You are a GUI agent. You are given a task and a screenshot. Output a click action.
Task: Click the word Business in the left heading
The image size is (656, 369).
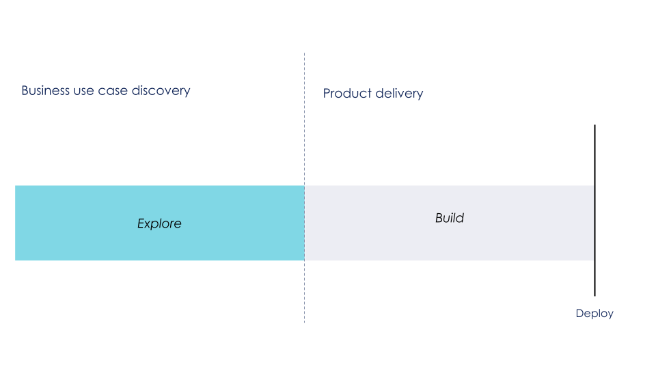click(45, 90)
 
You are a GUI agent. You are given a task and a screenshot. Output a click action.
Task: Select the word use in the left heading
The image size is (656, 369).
click(85, 90)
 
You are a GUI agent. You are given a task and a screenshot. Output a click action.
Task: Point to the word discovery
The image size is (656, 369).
click(161, 90)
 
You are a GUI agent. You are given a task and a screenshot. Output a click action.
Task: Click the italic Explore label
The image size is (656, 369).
click(159, 223)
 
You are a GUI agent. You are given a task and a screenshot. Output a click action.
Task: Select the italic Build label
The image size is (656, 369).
click(450, 218)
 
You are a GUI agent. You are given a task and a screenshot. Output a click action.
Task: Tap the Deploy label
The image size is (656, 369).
click(594, 314)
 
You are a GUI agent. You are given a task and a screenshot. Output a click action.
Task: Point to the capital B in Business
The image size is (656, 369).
click(25, 90)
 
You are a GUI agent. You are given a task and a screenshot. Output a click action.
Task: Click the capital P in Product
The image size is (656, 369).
click(327, 93)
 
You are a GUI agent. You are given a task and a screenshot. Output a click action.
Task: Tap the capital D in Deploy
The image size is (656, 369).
click(579, 314)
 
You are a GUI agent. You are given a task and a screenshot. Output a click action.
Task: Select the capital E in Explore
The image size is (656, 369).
click(141, 223)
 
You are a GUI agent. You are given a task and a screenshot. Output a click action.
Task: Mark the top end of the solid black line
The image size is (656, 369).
click(595, 126)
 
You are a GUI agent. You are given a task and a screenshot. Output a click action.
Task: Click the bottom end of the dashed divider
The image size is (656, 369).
click(305, 321)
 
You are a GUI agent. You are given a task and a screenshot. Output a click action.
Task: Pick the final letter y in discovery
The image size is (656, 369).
click(187, 92)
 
